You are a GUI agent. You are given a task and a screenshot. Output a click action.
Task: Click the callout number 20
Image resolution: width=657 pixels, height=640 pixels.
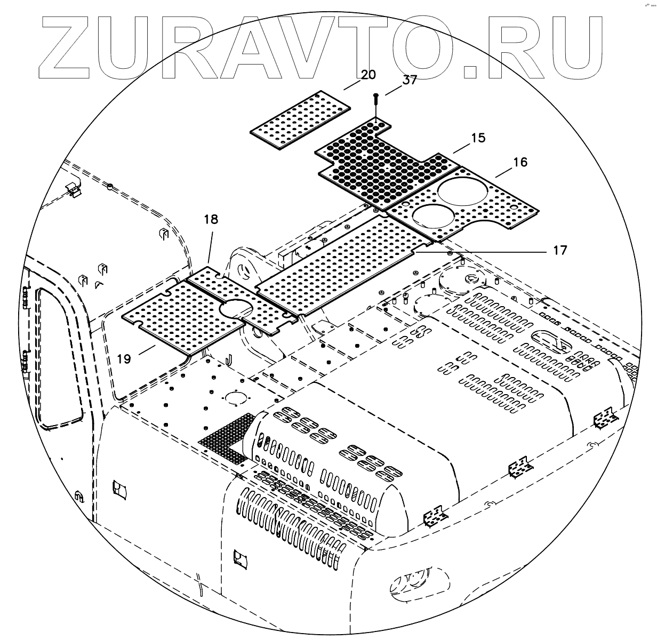click(x=368, y=74)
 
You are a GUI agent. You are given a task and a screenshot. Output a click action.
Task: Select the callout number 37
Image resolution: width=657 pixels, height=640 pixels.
click(x=410, y=81)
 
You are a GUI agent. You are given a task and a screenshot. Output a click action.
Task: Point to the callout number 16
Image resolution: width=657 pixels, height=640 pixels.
click(x=520, y=162)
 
